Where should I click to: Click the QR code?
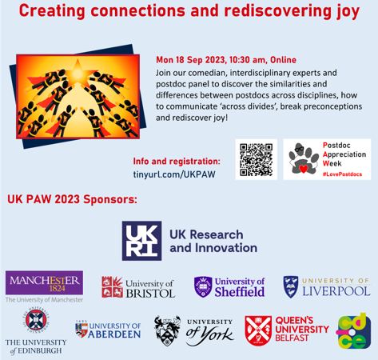pyautogui.click(x=257, y=160)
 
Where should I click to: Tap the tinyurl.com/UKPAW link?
pyautogui.click(x=174, y=174)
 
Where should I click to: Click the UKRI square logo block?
pyautogui.click(x=141, y=241)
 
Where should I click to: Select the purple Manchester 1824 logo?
pyautogui.click(x=44, y=283)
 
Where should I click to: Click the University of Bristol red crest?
pyautogui.click(x=112, y=286)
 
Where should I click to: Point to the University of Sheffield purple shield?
pyautogui.click(x=203, y=287)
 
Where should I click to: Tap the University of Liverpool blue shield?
pyautogui.click(x=291, y=287)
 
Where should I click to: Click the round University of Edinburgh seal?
pyautogui.click(x=36, y=319)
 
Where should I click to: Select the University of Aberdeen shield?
pyautogui.click(x=82, y=330)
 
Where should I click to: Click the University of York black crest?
pyautogui.click(x=167, y=331)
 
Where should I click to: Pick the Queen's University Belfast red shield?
pyautogui.click(x=258, y=331)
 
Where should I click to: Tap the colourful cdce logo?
pyautogui.click(x=353, y=331)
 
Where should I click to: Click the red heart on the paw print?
pyautogui.click(x=303, y=169)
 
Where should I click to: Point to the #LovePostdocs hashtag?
pyautogui.click(x=342, y=174)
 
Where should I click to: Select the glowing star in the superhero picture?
pyautogui.click(x=78, y=72)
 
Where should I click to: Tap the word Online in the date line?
pyautogui.click(x=283, y=60)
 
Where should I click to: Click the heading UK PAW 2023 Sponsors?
pyautogui.click(x=72, y=199)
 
